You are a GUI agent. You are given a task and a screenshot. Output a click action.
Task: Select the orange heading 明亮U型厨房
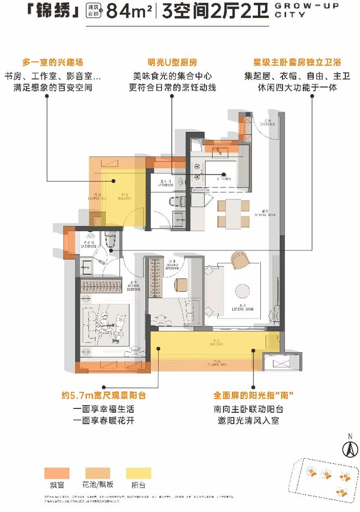click(175, 62)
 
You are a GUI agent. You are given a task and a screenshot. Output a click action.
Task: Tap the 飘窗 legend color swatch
click(57, 473)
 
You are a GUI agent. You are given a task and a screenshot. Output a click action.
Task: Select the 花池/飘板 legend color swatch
click(97, 473)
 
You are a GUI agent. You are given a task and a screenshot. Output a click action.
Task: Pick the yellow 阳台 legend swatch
click(139, 473)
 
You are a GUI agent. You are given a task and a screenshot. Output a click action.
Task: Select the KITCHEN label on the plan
click(225, 178)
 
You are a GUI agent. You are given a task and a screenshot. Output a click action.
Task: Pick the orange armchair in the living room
click(239, 258)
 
